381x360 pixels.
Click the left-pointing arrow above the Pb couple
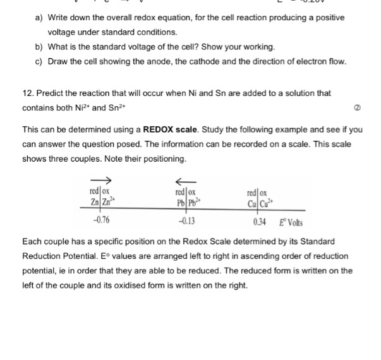coord(185,180)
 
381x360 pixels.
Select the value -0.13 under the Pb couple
coord(186,221)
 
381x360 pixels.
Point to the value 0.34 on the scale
coord(258,222)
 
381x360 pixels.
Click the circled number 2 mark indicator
coord(358,109)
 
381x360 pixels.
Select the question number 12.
coord(27,93)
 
